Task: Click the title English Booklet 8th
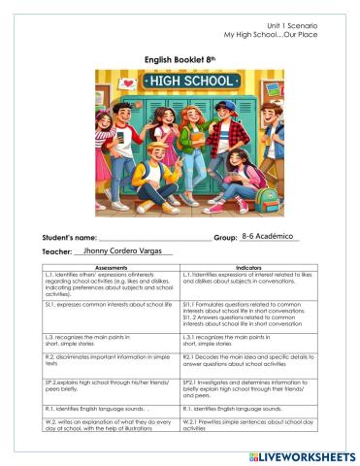click(x=180, y=57)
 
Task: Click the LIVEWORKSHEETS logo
click(x=302, y=455)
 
